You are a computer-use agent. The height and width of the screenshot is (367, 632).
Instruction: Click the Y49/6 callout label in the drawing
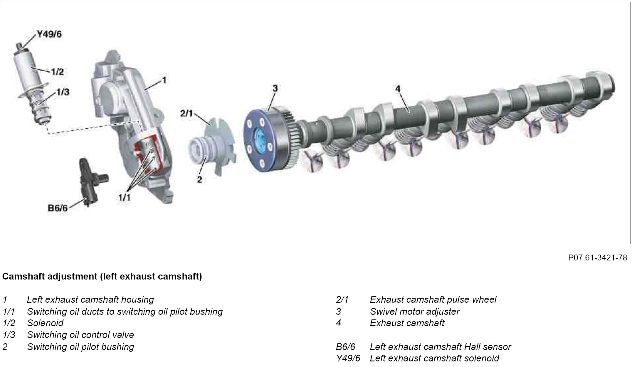49,34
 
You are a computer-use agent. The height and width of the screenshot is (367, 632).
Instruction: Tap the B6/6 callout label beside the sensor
58,208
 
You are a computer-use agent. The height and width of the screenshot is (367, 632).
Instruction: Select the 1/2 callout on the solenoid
58,72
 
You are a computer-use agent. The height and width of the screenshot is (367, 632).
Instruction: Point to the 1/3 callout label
63,92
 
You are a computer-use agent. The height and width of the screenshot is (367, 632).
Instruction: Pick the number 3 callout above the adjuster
275,88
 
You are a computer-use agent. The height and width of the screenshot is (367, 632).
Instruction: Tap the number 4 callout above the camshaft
398,89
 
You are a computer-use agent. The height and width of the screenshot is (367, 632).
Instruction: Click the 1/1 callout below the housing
124,198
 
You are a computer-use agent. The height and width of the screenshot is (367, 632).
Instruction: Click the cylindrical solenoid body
28,70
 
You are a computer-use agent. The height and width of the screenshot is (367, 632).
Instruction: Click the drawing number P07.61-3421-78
598,258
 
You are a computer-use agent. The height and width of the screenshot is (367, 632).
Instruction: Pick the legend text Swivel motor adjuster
414,312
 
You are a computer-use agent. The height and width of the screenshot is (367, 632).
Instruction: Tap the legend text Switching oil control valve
80,335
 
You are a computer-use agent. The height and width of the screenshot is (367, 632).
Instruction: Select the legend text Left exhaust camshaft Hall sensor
440,347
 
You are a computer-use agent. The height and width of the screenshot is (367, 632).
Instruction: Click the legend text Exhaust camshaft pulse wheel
433,299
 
